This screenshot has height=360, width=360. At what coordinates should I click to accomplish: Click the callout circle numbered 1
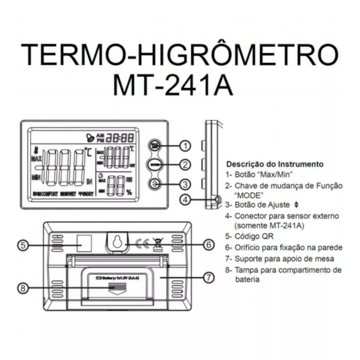[186, 146]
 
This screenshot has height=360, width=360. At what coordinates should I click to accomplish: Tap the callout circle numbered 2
[186, 165]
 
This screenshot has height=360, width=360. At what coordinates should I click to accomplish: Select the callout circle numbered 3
[186, 184]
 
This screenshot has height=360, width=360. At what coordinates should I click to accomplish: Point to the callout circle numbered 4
[186, 199]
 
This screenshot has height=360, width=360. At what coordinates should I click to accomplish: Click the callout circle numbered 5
[23, 245]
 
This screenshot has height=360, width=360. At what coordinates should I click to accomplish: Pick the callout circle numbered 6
[208, 245]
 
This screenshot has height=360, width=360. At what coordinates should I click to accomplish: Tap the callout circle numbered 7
[208, 277]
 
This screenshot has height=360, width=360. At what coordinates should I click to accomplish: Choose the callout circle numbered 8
[23, 287]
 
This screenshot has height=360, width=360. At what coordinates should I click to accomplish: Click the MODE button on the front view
[155, 164]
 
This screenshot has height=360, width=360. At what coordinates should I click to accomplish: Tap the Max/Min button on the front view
[155, 145]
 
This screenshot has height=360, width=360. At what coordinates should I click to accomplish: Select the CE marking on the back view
[143, 244]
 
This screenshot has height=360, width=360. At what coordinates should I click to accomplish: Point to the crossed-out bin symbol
[157, 244]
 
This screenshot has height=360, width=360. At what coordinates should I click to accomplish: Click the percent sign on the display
[129, 192]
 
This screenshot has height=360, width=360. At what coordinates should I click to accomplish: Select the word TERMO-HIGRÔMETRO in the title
[180, 56]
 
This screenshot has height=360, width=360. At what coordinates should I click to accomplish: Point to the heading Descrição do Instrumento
[274, 164]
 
